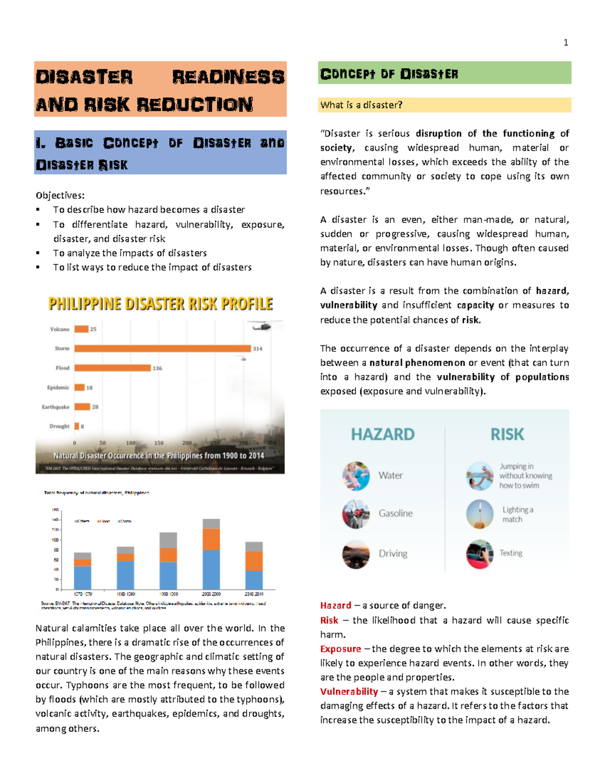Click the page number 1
tap(566, 43)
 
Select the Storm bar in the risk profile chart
tap(162, 348)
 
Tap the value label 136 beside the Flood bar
tap(157, 369)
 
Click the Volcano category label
tap(59, 329)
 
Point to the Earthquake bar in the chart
tap(82, 407)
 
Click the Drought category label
tap(59, 426)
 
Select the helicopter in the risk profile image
tap(262, 327)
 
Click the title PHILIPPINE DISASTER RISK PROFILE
tap(160, 304)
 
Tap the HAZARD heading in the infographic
tap(383, 434)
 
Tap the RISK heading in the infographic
tap(507, 434)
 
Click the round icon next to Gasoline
tap(356, 514)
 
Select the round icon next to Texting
tap(479, 554)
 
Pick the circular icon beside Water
tap(356, 475)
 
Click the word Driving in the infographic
tap(393, 554)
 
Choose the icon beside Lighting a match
tap(479, 514)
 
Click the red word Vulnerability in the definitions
tap(349, 692)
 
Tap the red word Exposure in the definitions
tap(340, 649)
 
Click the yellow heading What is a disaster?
tap(361, 105)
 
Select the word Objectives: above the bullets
tap(60, 196)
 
